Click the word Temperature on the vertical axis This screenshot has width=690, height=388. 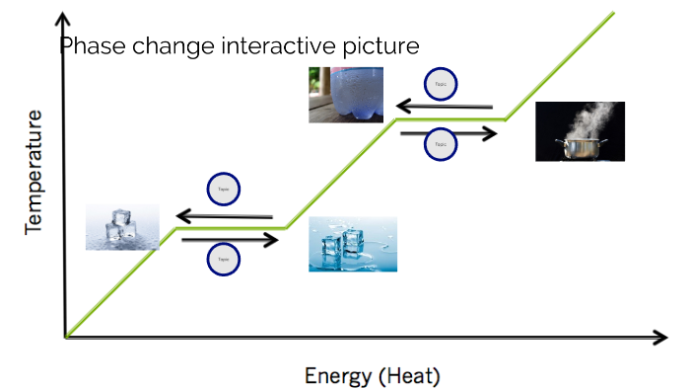click(x=35, y=172)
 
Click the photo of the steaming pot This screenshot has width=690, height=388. click(x=580, y=130)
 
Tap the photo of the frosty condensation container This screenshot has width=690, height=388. click(x=345, y=95)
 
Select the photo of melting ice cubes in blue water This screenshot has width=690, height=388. click(x=353, y=244)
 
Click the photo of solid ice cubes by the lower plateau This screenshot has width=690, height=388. click(x=121, y=226)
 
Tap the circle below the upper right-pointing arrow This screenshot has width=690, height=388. click(x=441, y=145)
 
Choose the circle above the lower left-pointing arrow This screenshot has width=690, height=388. click(x=224, y=189)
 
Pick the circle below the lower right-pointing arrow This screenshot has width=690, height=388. click(x=224, y=259)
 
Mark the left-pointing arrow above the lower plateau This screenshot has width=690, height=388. click(x=224, y=214)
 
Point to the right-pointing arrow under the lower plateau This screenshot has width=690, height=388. click(x=231, y=238)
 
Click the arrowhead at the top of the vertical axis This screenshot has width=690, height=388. click(x=65, y=19)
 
